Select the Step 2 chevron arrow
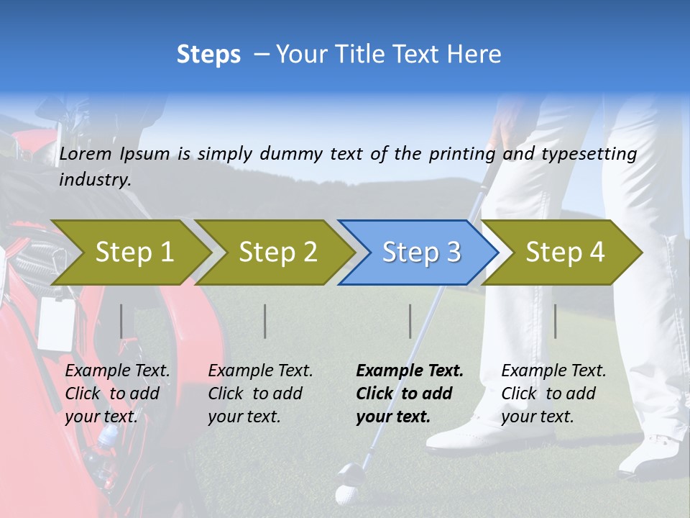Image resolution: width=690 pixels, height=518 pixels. coord(277,252)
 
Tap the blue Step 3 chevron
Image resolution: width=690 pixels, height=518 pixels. coord(420,252)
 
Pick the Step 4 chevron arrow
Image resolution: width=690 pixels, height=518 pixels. coord(564,252)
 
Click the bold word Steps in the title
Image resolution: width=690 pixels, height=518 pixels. coord(208,55)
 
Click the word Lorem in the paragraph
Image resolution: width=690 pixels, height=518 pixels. coord(85,153)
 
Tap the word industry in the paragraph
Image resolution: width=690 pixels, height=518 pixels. coord(94,179)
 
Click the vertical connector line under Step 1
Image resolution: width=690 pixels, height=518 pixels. coord(121,321)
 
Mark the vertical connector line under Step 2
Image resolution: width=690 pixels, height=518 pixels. coord(265,321)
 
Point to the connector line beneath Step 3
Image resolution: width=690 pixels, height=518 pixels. coord(410,321)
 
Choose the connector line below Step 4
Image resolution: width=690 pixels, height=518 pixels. coord(555,321)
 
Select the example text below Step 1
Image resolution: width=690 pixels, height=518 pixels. coord(116,394)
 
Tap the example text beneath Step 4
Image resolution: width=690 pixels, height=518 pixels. coord(553,394)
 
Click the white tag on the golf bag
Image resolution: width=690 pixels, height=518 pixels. coord(56,324)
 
